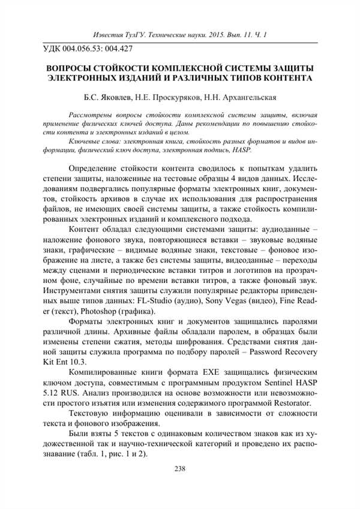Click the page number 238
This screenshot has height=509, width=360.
pyautogui.click(x=180, y=468)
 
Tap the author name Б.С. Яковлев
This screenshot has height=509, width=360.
pyautogui.click(x=109, y=95)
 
